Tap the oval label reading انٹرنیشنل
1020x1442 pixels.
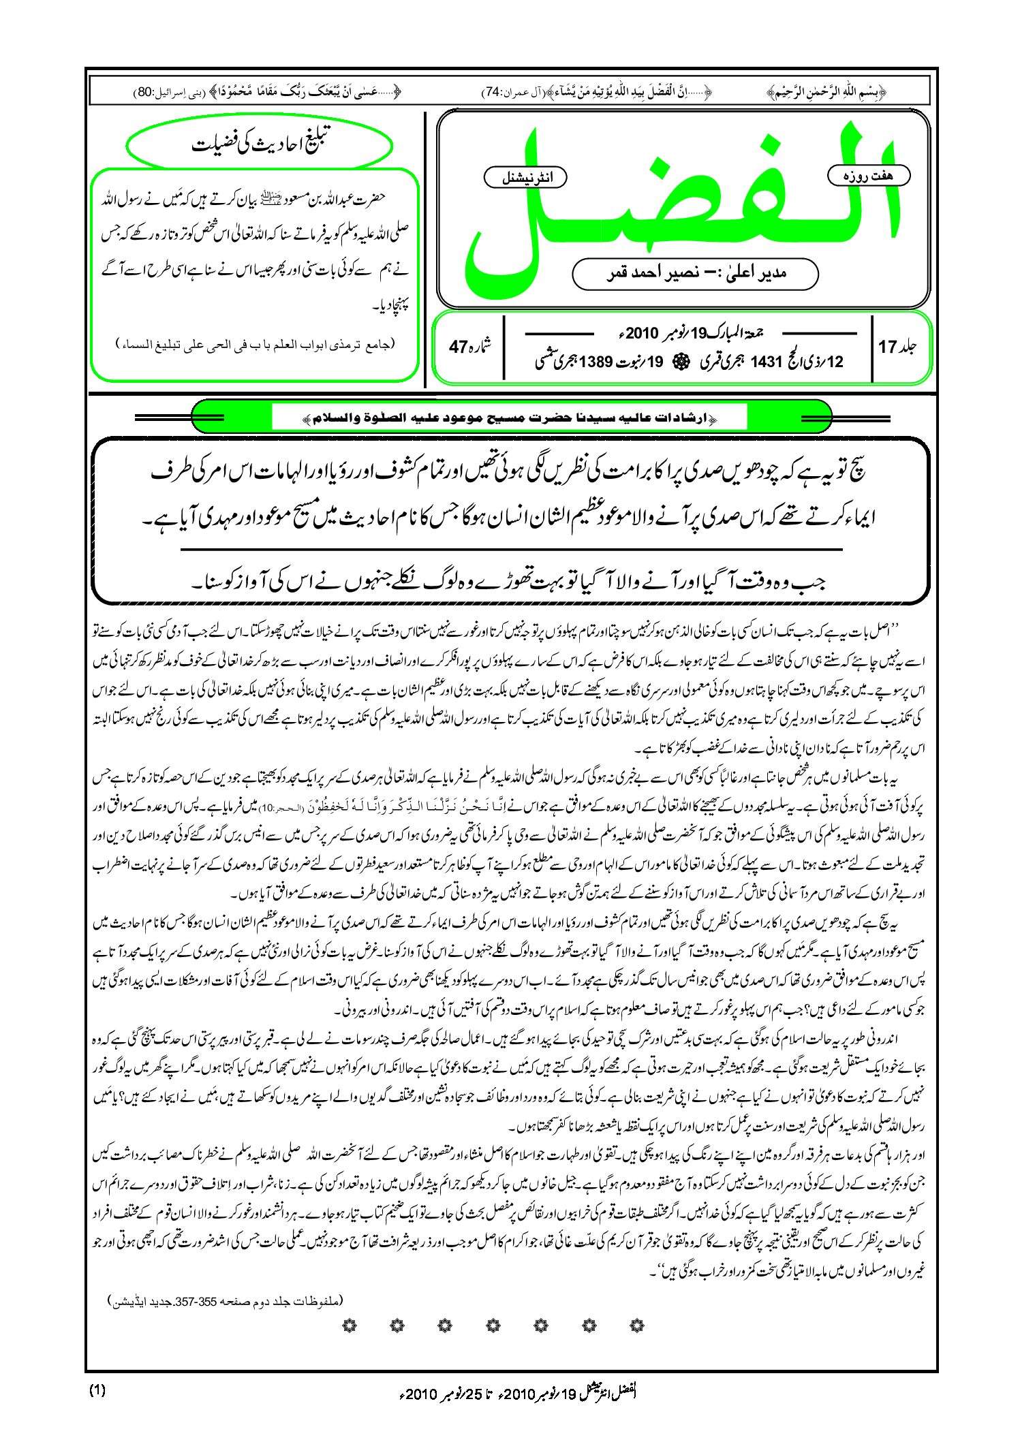pyautogui.click(x=525, y=178)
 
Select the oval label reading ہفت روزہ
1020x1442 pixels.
pyautogui.click(x=868, y=176)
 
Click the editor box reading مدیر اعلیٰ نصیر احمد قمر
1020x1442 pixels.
pyautogui.click(x=695, y=273)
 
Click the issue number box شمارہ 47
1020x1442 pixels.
pyautogui.click(x=469, y=347)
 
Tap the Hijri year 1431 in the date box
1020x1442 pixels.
pyautogui.click(x=765, y=362)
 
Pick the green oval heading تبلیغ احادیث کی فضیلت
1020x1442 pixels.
pyautogui.click(x=260, y=144)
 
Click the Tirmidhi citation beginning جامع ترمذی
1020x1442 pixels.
pyautogui.click(x=255, y=345)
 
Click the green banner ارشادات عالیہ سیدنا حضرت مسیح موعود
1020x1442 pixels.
pyautogui.click(x=509, y=417)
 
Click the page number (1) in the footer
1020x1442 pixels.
pyautogui.click(x=97, y=1391)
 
